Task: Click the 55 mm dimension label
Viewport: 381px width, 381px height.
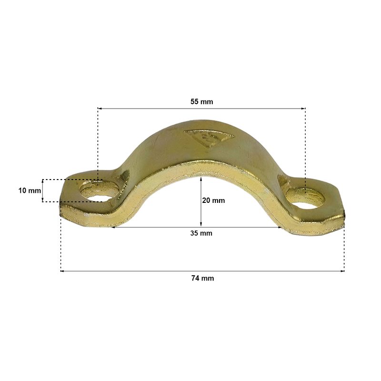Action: (x=201, y=101)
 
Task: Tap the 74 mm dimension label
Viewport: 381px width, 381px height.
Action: (x=203, y=278)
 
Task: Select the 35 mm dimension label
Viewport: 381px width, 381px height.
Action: (x=201, y=233)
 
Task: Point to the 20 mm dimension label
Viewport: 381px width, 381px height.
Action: (x=213, y=201)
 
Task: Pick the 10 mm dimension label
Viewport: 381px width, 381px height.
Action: (x=30, y=190)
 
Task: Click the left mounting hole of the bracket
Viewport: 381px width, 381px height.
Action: (x=99, y=192)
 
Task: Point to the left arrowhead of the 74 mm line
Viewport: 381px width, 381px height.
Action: (x=62, y=271)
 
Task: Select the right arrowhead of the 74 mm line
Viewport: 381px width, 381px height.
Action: (x=342, y=271)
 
